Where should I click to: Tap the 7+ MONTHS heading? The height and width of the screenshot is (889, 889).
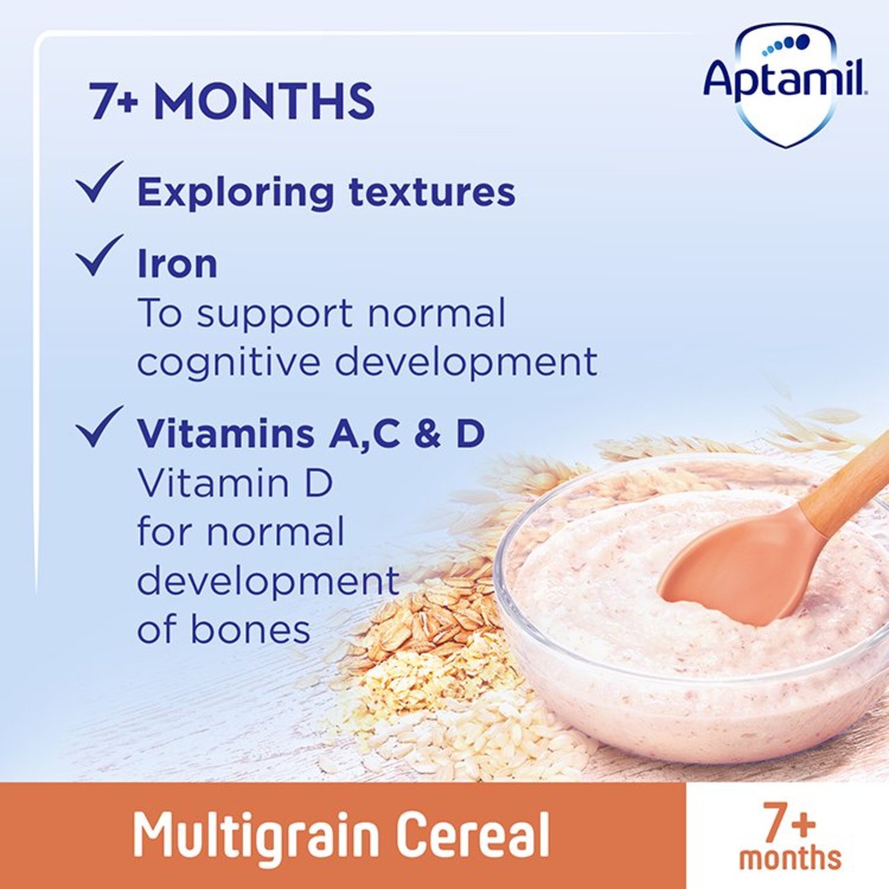click(x=232, y=102)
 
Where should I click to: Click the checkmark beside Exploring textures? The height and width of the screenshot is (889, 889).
click(x=99, y=183)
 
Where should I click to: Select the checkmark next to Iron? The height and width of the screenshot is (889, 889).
click(x=99, y=255)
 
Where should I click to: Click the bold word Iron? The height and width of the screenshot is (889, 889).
click(x=177, y=265)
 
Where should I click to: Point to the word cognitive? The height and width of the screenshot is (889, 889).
click(x=231, y=363)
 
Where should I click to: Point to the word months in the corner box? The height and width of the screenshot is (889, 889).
click(x=790, y=858)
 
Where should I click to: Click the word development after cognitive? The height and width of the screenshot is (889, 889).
click(x=467, y=363)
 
